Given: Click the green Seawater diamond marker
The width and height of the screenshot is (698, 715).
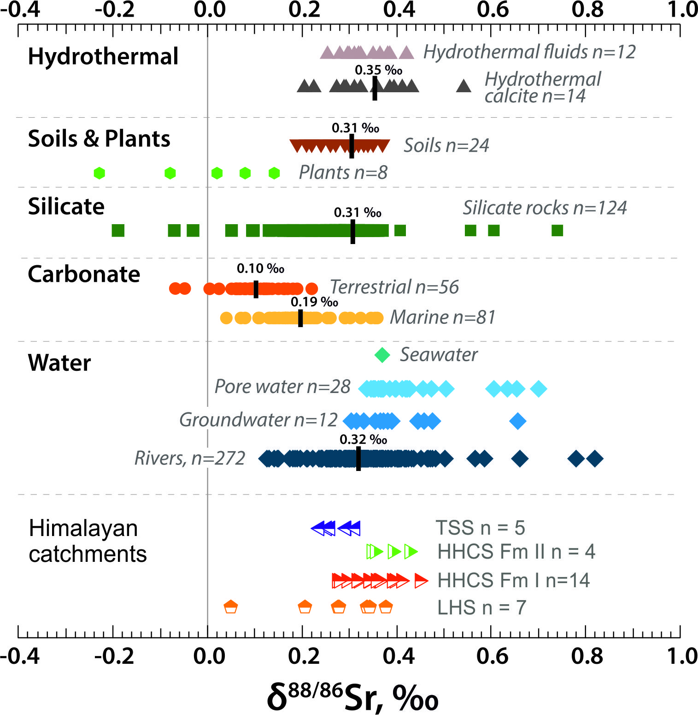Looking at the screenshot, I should tap(382, 355).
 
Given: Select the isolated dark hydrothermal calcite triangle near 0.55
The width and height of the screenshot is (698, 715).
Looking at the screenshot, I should tap(463, 86).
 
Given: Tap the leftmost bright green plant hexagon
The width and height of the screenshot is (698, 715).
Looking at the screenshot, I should tap(99, 173).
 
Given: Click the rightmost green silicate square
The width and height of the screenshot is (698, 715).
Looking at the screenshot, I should tap(557, 230).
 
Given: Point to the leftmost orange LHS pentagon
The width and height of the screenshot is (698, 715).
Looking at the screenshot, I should tap(230, 607).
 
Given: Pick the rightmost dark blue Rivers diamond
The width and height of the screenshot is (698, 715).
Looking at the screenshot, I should tap(595, 459).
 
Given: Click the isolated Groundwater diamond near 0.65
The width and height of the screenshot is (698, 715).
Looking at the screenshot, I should tap(518, 421).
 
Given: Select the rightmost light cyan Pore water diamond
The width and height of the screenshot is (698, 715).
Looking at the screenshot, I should tap(538, 389).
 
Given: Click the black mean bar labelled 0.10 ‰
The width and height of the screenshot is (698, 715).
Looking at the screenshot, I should tap(256, 289).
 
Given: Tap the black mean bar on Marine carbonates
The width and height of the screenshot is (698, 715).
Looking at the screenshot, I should tap(300, 318).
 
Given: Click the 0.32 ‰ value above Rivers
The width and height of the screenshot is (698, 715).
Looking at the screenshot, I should tap(363, 440).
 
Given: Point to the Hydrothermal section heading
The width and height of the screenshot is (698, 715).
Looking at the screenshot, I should tap(103, 57).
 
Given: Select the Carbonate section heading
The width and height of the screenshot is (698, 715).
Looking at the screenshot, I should tap(84, 274).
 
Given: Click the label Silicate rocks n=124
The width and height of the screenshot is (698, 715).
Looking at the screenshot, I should tap(545, 208).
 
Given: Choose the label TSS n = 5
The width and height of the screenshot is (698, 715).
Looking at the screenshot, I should tap(480, 528).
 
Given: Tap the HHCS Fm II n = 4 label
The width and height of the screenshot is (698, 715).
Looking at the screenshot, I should tap(516, 552).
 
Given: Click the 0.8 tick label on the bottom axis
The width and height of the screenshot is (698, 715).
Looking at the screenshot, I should tap(587, 656).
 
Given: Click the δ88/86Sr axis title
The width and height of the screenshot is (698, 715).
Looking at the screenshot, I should tap(352, 697).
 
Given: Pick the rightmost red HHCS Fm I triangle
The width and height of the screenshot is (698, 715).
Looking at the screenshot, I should tap(421, 581).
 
